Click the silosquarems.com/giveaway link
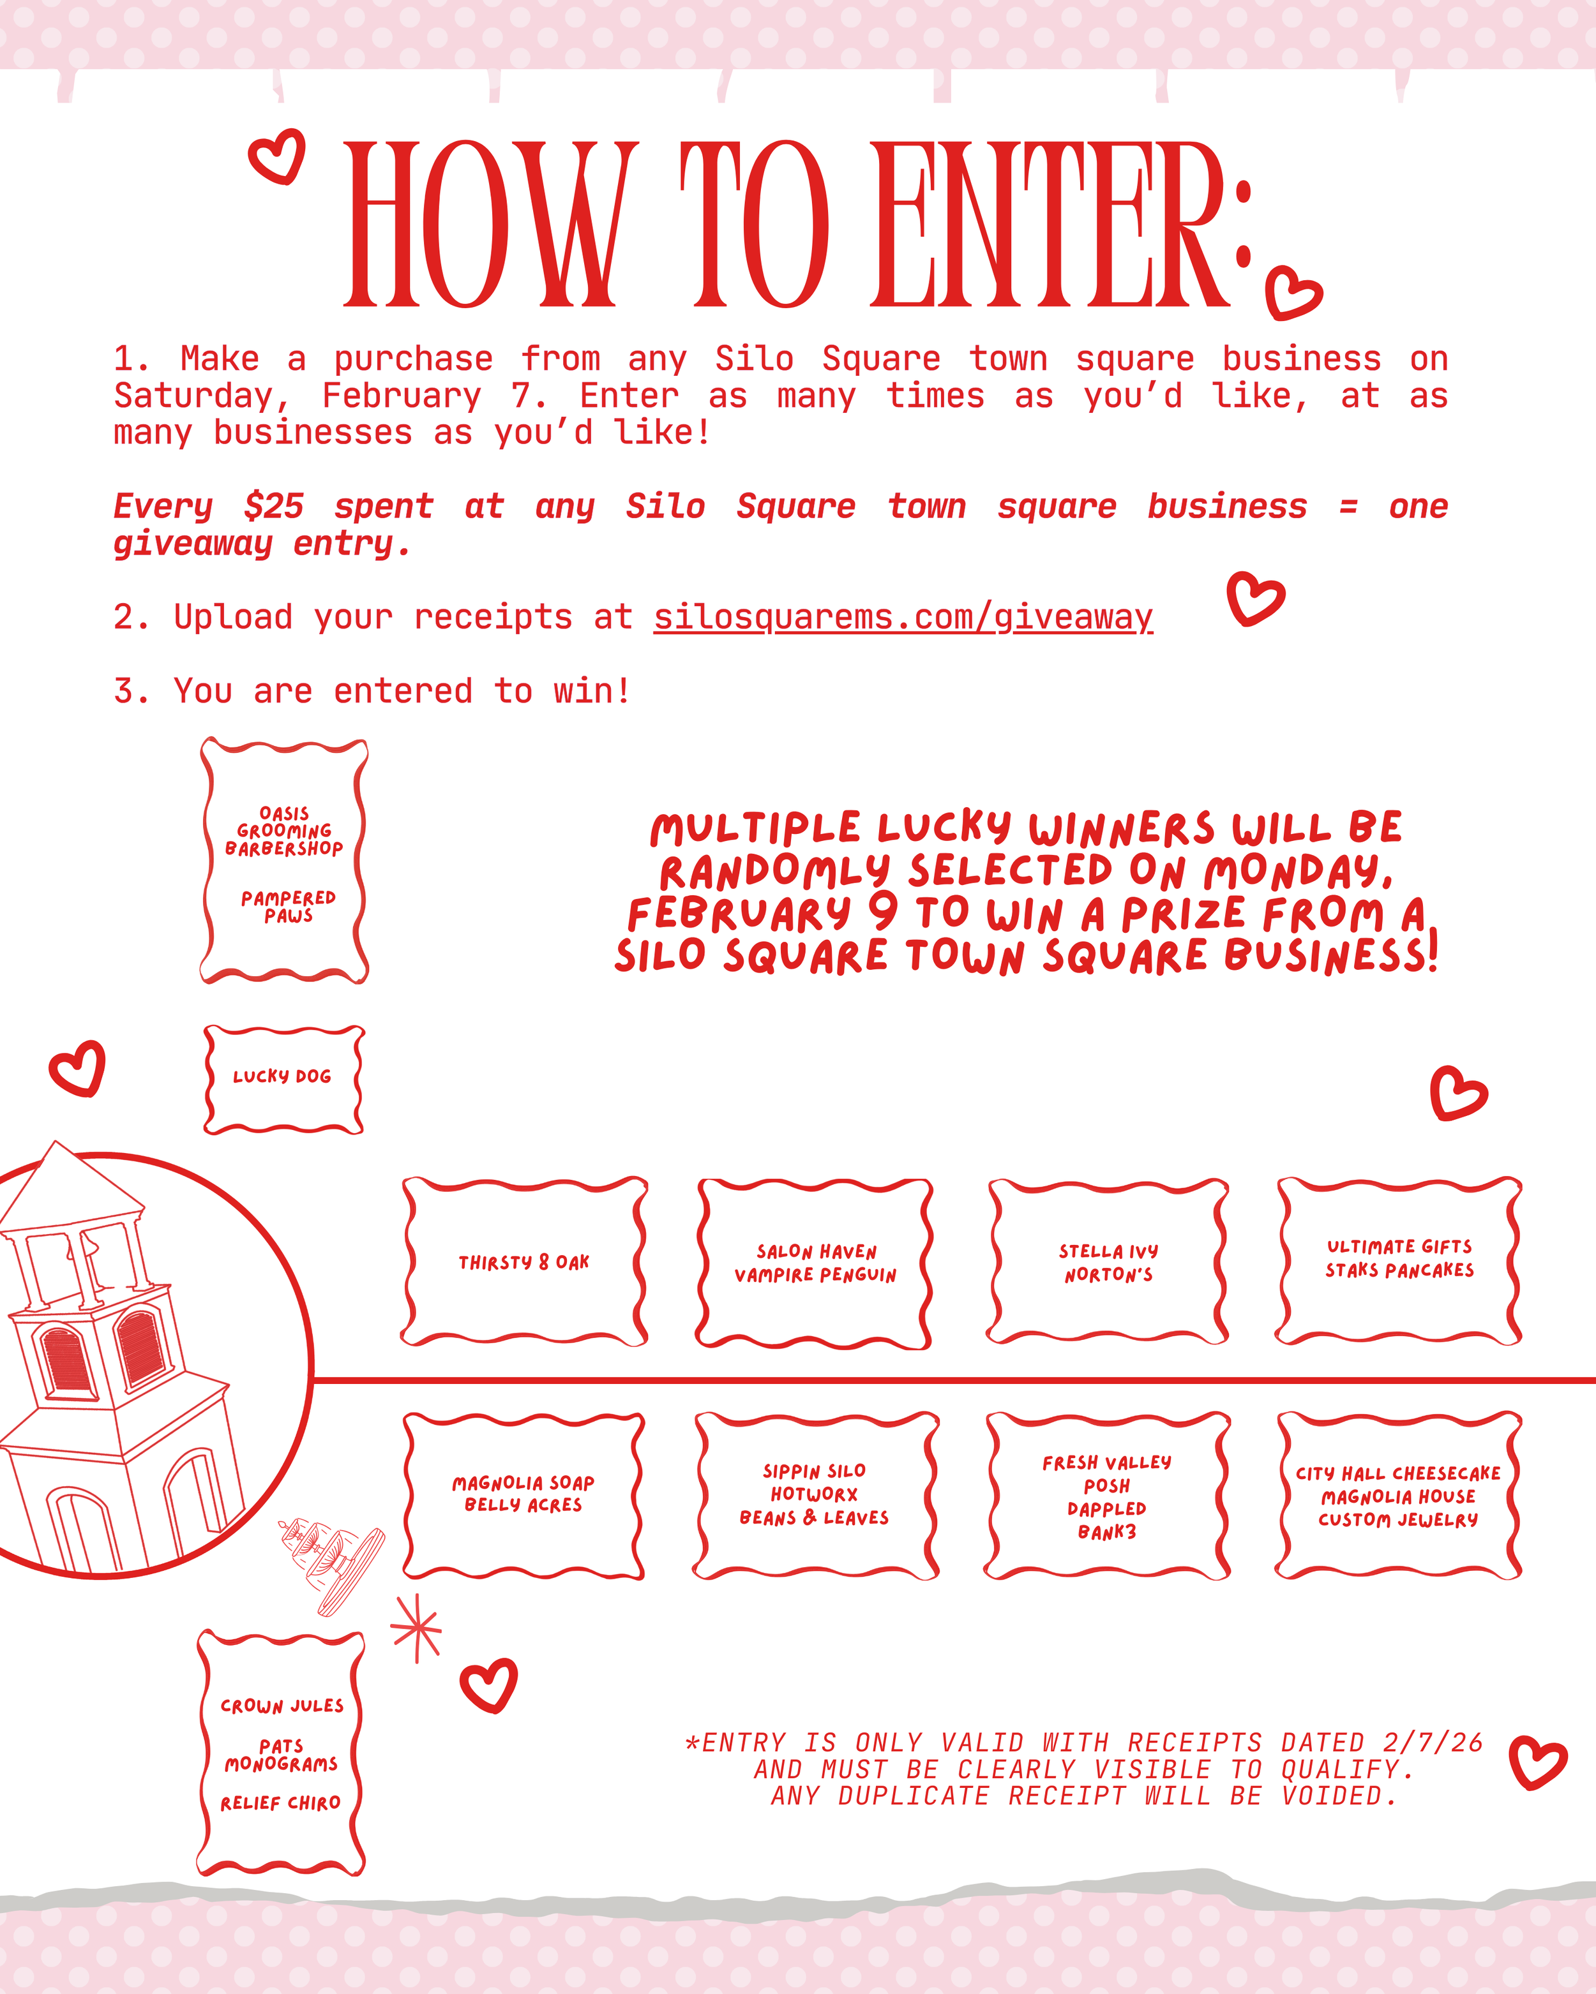pyautogui.click(x=903, y=617)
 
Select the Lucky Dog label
pyautogui.click(x=282, y=1076)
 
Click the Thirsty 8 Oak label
pyautogui.click(x=523, y=1262)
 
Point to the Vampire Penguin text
pyautogui.click(x=815, y=1276)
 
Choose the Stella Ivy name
pyautogui.click(x=1108, y=1251)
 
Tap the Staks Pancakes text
pyautogui.click(x=1399, y=1271)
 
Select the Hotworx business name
pyautogui.click(x=814, y=1494)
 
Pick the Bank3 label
pyautogui.click(x=1106, y=1533)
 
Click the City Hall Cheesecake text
pyautogui.click(x=1398, y=1473)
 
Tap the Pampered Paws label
pyautogui.click(x=288, y=906)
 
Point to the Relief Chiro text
pyautogui.click(x=280, y=1803)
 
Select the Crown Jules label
pyautogui.click(x=282, y=1706)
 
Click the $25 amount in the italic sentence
pyautogui.click(x=274, y=507)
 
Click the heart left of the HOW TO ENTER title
pyautogui.click(x=278, y=156)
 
